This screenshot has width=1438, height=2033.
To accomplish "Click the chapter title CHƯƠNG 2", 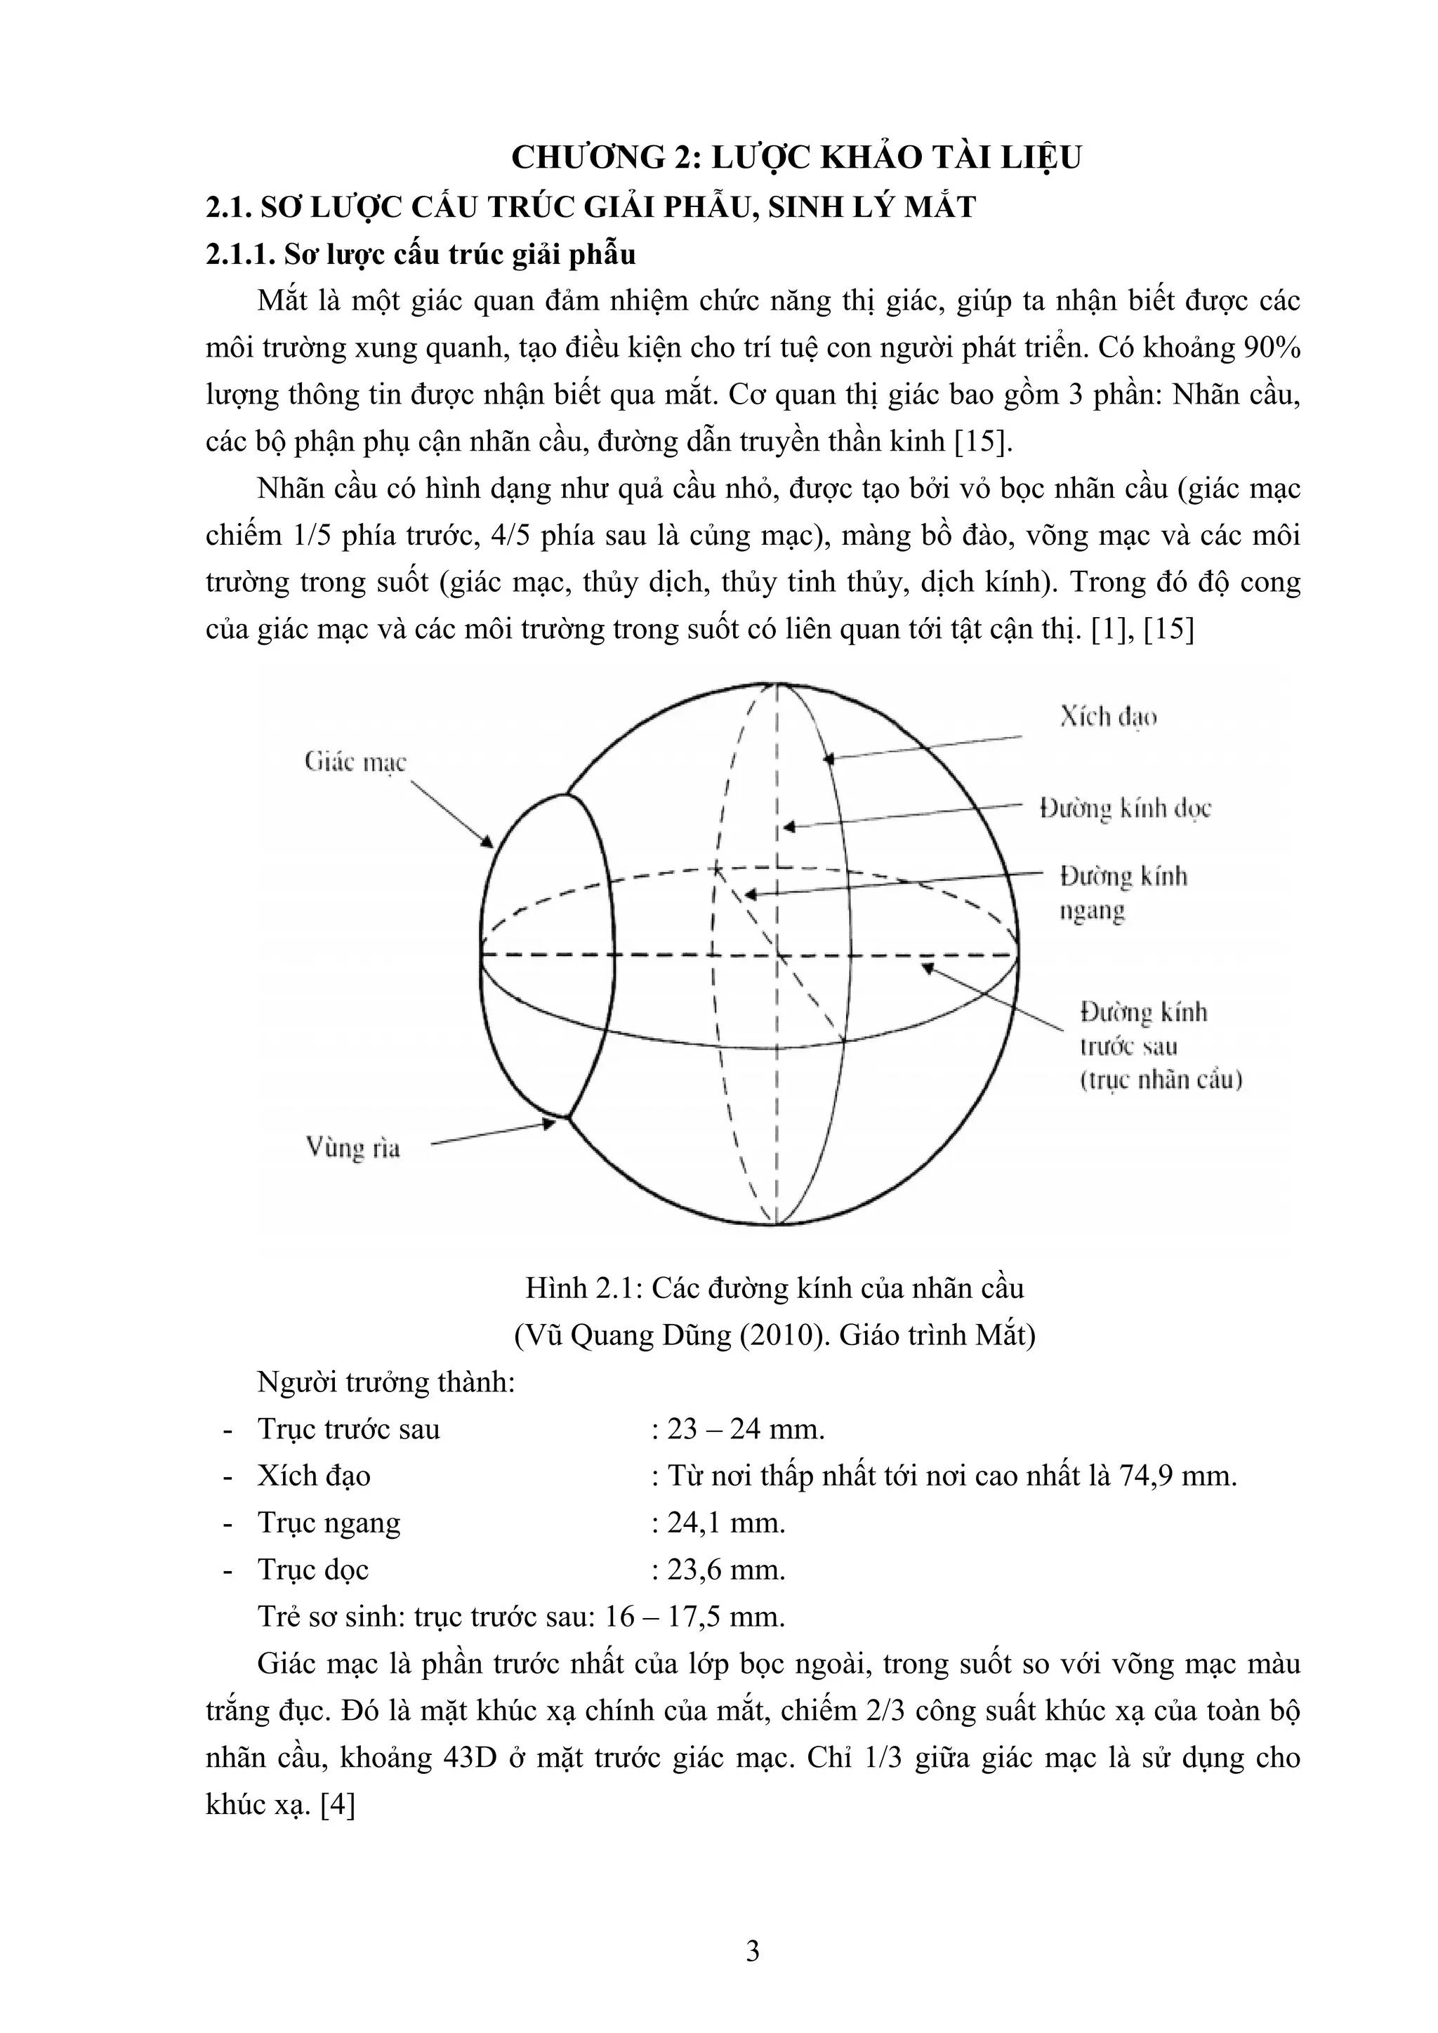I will (x=796, y=158).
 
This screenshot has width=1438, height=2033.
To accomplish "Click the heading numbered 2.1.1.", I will (x=421, y=254).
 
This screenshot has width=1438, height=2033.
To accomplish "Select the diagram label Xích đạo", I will (x=1109, y=717).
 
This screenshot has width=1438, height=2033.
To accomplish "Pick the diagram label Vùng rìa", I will (x=352, y=1149).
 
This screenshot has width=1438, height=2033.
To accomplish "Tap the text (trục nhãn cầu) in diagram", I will (x=1161, y=1081).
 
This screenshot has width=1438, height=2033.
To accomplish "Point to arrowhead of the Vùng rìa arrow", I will (x=550, y=1123).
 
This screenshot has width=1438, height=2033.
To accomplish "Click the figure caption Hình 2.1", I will (x=774, y=1287).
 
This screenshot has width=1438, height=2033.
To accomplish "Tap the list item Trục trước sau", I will (x=348, y=1429).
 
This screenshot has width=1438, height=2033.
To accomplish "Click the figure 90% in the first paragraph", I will (x=1272, y=349).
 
